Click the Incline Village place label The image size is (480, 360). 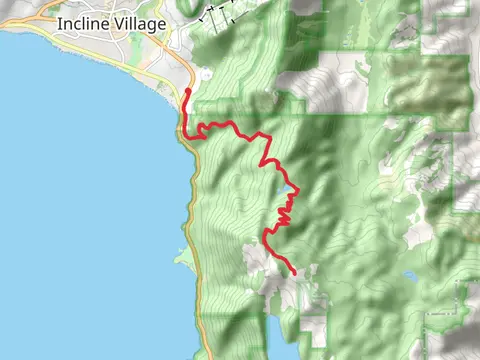[x=112, y=24]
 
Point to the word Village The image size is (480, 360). [x=139, y=24]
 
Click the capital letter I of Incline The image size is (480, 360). [x=61, y=24]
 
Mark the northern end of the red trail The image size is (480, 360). [x=188, y=91]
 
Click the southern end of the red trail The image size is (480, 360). [x=294, y=273]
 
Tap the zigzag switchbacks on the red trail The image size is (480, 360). [x=284, y=210]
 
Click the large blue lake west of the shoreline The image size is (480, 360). [x=80, y=200]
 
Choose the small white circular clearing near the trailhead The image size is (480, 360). [x=205, y=73]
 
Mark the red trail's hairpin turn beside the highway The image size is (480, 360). [x=184, y=131]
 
